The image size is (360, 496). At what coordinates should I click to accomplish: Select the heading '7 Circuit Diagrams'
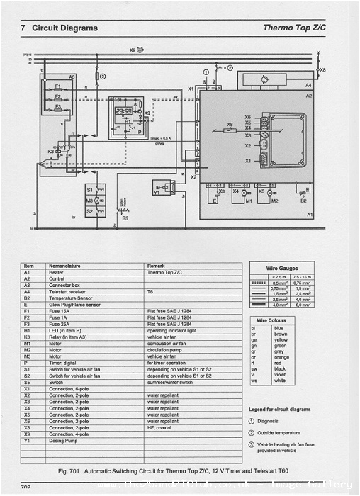tap(60, 28)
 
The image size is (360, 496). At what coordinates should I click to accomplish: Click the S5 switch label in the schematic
tap(125, 219)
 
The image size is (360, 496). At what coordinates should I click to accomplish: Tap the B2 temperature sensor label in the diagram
tap(304, 201)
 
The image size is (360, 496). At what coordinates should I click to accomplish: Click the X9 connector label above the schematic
tap(133, 50)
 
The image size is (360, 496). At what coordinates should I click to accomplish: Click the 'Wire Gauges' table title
tap(281, 269)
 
